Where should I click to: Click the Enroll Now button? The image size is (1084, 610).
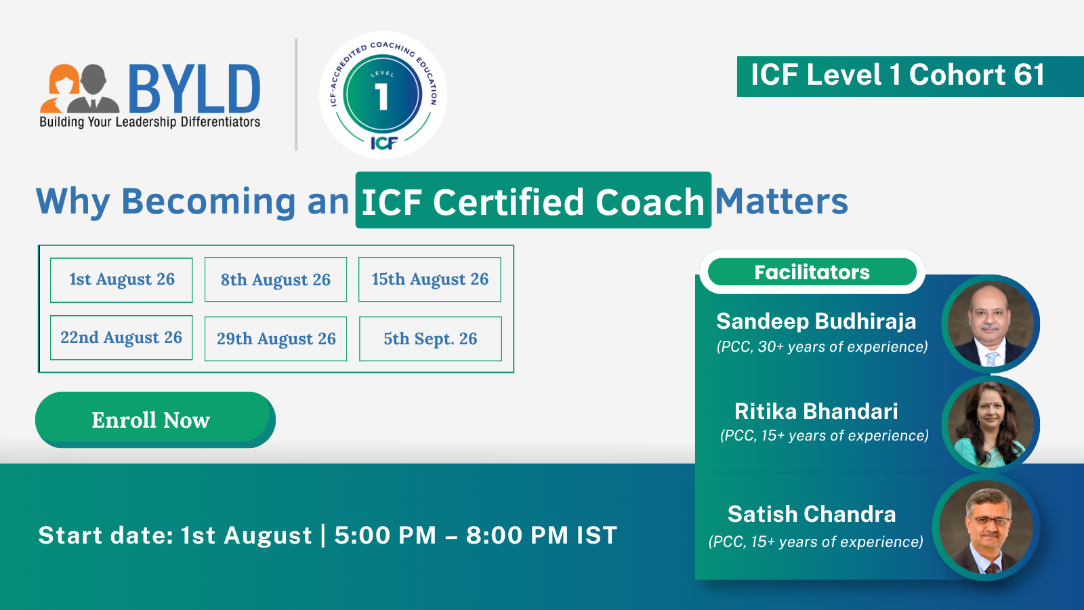(155, 420)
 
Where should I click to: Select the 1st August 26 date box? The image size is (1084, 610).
(121, 280)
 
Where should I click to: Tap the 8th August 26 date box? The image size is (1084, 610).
(275, 279)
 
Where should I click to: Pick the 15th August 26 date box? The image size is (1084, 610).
(430, 279)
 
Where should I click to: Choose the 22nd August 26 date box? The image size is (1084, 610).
(121, 338)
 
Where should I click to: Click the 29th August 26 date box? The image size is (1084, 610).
(275, 338)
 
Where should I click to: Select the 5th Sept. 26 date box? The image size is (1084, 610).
(430, 338)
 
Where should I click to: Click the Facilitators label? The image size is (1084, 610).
(812, 272)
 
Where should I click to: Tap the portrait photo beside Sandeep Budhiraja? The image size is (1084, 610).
(990, 324)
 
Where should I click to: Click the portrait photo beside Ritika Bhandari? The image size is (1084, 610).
(990, 424)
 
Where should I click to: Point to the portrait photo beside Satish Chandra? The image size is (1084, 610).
(985, 527)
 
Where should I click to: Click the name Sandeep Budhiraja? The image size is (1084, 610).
(816, 321)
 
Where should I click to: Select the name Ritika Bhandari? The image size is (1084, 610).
(816, 411)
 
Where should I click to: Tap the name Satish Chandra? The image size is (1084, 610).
(812, 514)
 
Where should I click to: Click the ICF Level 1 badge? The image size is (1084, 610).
(383, 96)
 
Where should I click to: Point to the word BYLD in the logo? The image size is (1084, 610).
(194, 89)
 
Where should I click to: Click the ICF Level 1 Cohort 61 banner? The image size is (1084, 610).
(911, 76)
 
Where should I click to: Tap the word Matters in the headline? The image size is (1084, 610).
(782, 201)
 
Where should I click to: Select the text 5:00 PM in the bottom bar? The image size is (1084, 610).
(385, 535)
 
